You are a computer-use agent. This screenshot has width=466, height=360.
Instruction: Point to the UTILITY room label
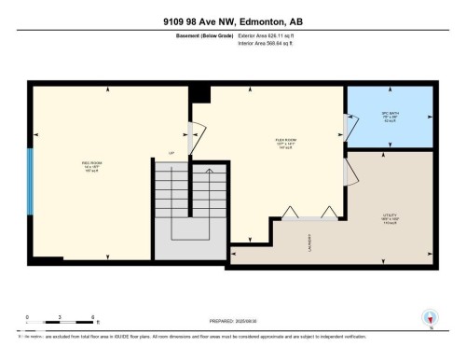pos(390,221)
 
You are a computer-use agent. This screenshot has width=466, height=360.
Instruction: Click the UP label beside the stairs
pos(171,153)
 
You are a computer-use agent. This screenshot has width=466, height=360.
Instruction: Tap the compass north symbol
pos(430,319)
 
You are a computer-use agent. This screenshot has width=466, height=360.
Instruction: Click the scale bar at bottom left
pos(60,320)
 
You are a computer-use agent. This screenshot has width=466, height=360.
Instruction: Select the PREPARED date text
pos(232,323)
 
